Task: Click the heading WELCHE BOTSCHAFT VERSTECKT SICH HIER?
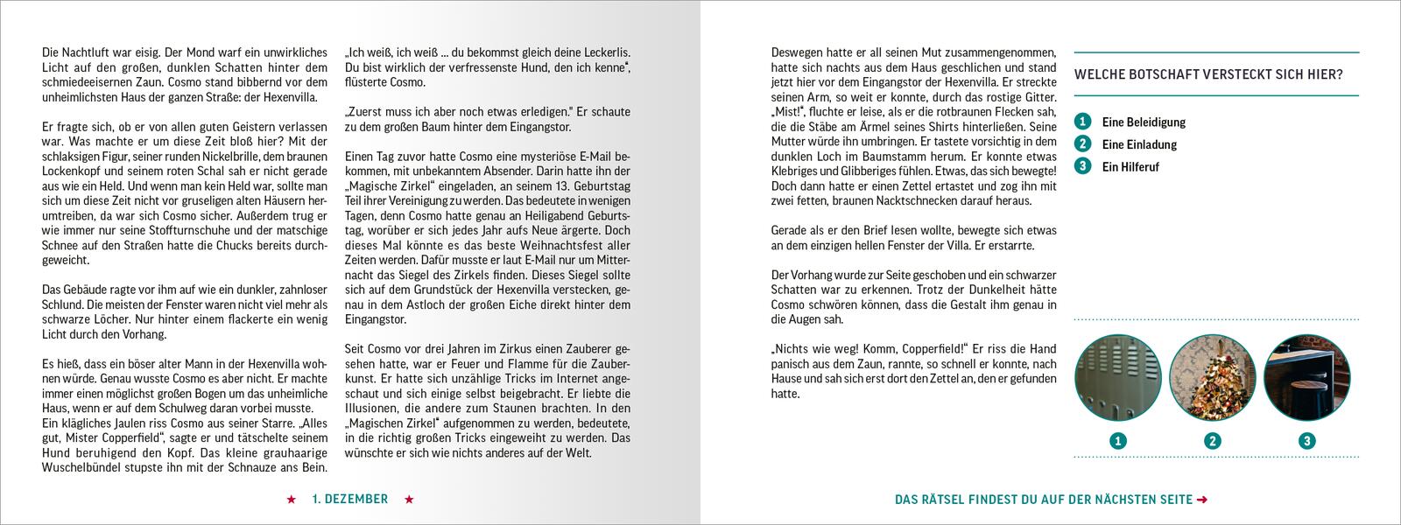(x=1208, y=74)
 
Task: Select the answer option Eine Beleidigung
(x=1144, y=122)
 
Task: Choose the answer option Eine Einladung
(x=1139, y=144)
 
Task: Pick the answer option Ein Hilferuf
(x=1130, y=166)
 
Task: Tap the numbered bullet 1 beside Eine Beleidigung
(x=1083, y=122)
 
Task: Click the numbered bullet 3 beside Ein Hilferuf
(x=1083, y=166)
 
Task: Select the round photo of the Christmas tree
(x=1213, y=378)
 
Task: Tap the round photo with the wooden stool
(x=1306, y=378)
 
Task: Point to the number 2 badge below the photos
(x=1213, y=441)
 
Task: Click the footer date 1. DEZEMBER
(x=349, y=500)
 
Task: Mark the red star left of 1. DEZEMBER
(x=291, y=500)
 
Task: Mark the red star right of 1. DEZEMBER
(x=408, y=500)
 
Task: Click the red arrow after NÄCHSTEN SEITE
(x=1202, y=500)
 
